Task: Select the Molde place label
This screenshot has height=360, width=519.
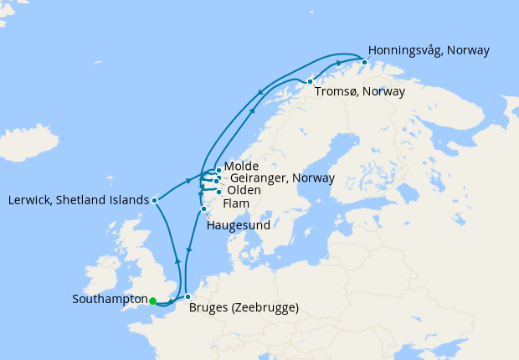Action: pos(242,167)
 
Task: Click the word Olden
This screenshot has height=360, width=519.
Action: pos(244,190)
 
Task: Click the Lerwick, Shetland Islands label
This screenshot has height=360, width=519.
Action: pos(77,200)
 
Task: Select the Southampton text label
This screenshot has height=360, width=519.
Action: pos(109,299)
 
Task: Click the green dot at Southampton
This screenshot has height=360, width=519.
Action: pos(152,300)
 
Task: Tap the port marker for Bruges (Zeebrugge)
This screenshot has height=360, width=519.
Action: pos(188,296)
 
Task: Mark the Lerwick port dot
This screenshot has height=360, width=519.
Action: pos(155,200)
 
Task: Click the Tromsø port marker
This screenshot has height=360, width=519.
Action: pos(311,81)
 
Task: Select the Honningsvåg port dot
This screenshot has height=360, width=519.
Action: pos(365,60)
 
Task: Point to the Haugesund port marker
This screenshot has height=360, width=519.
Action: pos(203,209)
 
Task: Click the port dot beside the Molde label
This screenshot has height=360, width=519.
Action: pos(218,170)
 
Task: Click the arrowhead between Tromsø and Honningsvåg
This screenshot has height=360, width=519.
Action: pos(339,63)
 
